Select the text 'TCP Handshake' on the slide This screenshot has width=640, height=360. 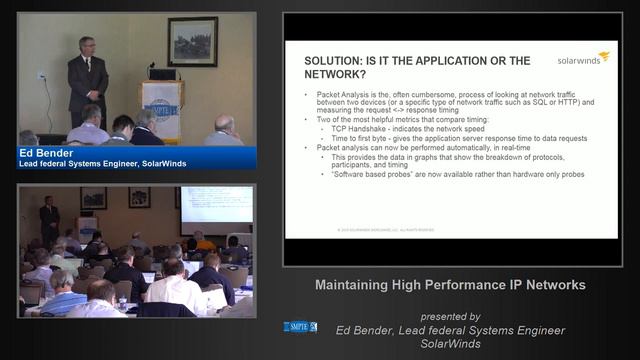point(347,131)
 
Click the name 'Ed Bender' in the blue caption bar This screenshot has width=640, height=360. point(42,154)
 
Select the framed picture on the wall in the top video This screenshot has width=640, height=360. point(192,41)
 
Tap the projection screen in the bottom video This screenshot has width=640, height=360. point(216,203)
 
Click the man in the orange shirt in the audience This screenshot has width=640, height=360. point(203,240)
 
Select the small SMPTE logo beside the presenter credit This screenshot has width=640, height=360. point(300,326)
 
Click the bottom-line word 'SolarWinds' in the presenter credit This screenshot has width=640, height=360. point(450,343)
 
